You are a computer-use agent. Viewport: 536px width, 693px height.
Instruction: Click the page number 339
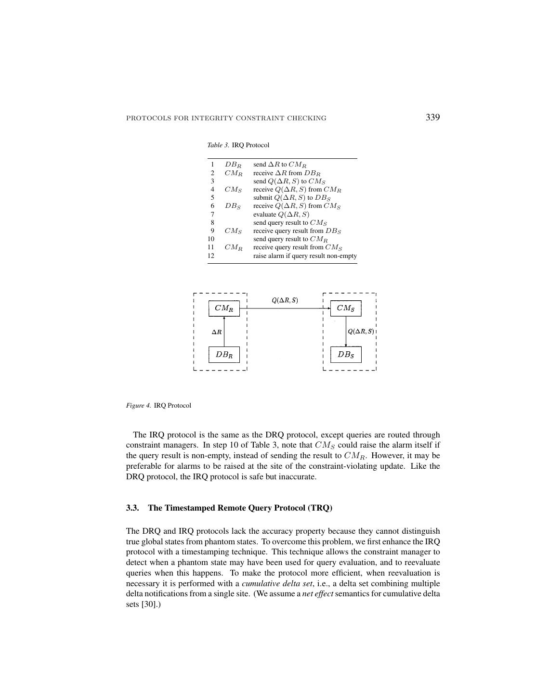click(x=432, y=117)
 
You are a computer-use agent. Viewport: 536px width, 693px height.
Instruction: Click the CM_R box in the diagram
click(x=224, y=308)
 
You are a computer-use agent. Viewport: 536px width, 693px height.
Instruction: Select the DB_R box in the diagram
click(x=224, y=355)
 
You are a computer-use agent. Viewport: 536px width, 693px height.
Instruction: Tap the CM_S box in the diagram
click(x=345, y=308)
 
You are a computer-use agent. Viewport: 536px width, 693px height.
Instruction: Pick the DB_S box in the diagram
click(x=345, y=355)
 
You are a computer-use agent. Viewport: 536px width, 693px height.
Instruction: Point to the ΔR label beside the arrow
click(x=217, y=332)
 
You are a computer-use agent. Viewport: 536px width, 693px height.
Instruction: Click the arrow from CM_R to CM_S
click(x=284, y=308)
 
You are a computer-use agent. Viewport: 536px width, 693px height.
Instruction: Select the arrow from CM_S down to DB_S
click(x=346, y=332)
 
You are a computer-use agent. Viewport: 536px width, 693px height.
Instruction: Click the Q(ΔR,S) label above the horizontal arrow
click(x=285, y=300)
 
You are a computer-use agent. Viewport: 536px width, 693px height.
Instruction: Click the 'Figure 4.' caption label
click(x=139, y=405)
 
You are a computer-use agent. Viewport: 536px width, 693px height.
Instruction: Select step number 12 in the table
click(x=211, y=256)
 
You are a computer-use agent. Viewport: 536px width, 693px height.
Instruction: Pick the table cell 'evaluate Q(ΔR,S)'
click(x=281, y=214)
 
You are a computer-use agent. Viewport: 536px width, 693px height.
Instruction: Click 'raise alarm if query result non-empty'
click(x=305, y=256)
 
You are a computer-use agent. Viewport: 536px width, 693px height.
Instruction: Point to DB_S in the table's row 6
click(x=232, y=206)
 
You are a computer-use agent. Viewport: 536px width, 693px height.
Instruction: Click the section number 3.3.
click(x=132, y=508)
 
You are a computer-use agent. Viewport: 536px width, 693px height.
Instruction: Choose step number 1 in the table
click(x=212, y=165)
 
